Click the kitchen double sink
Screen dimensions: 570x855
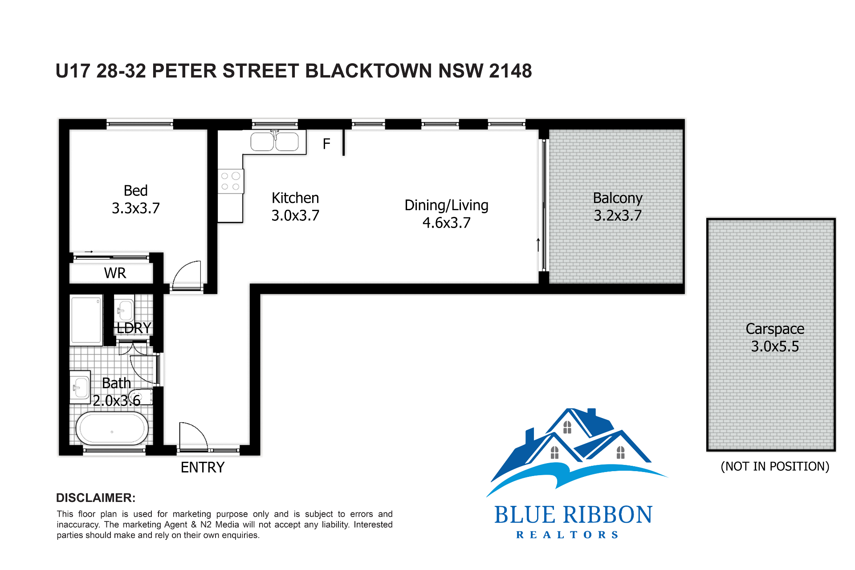click(275, 142)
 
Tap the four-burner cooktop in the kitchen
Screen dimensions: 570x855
click(230, 181)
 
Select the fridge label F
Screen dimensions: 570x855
click(326, 144)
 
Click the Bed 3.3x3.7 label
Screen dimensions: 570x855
click(136, 199)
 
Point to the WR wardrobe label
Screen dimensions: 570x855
click(115, 273)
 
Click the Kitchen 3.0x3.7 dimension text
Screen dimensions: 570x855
click(295, 216)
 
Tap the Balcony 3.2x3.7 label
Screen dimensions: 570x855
click(618, 207)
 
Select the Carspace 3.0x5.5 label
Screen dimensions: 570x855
click(775, 338)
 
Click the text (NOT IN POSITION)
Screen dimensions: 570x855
click(775, 466)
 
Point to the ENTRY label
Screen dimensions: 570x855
click(203, 467)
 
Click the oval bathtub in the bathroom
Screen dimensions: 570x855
click(112, 429)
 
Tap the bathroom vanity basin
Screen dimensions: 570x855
click(80, 387)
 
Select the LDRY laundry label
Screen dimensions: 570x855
click(134, 328)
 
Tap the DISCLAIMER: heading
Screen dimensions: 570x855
click(96, 498)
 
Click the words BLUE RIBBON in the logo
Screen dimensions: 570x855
click(573, 515)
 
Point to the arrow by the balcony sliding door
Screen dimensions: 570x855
click(538, 244)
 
